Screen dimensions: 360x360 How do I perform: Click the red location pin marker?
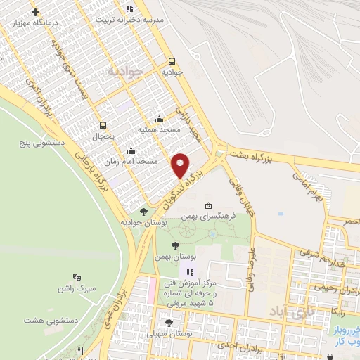pos(181,165)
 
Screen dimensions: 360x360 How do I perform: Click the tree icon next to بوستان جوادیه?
pos(143,211)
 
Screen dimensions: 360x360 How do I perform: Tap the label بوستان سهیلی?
pos(182,332)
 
